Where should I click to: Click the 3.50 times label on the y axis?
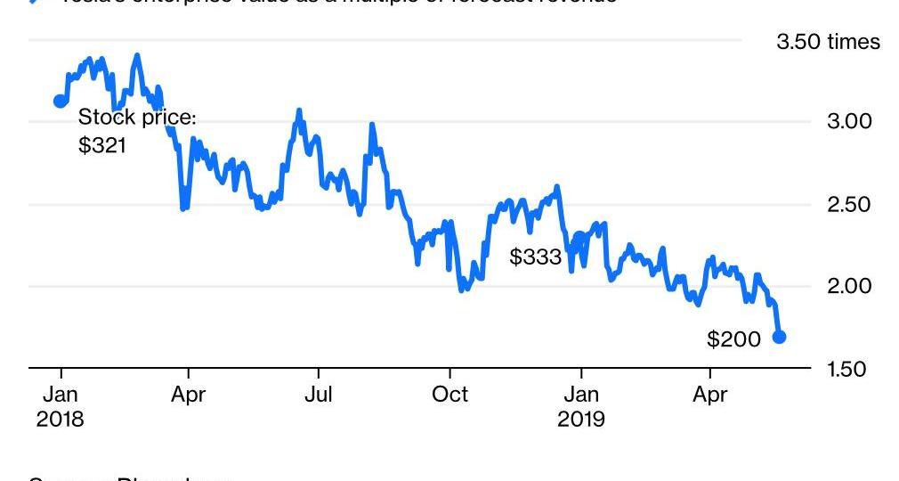tap(828, 42)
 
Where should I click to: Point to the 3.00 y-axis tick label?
tap(851, 122)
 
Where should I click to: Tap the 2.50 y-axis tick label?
tap(851, 204)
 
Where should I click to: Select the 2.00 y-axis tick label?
tap(851, 286)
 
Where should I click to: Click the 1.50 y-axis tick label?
tap(851, 369)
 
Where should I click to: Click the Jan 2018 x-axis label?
tap(61, 406)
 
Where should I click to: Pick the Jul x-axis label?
tap(319, 395)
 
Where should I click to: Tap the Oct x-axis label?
tap(450, 395)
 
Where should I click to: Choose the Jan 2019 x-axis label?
tap(581, 406)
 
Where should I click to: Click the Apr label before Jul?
tap(188, 395)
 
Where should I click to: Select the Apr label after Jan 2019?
tap(709, 395)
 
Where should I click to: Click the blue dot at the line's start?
tap(61, 101)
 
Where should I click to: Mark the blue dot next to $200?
tap(779, 337)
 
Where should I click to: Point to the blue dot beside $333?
tap(580, 238)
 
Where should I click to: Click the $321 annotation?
tap(102, 145)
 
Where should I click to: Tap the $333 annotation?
tap(536, 257)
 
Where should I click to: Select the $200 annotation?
tap(734, 339)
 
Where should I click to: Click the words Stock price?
tap(137, 118)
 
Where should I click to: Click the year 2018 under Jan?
tap(61, 419)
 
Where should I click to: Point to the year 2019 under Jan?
tap(581, 419)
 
